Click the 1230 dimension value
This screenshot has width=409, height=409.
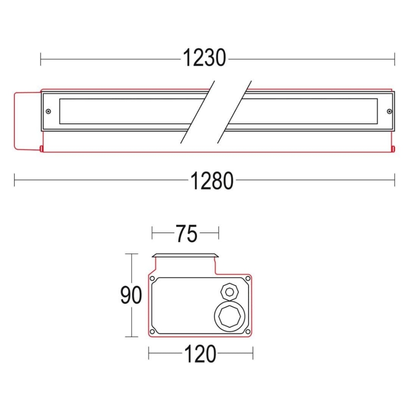[204, 58]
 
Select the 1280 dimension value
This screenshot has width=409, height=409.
[212, 181]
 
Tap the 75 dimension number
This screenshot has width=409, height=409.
[186, 234]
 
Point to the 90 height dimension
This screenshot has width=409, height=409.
[131, 295]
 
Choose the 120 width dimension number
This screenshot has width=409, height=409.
[201, 354]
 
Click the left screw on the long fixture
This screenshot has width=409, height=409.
[48, 111]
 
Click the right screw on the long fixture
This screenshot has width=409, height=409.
[389, 111]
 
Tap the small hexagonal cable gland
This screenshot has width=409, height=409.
[230, 292]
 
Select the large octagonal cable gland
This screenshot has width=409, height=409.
[230, 316]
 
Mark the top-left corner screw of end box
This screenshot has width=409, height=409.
[152, 278]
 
